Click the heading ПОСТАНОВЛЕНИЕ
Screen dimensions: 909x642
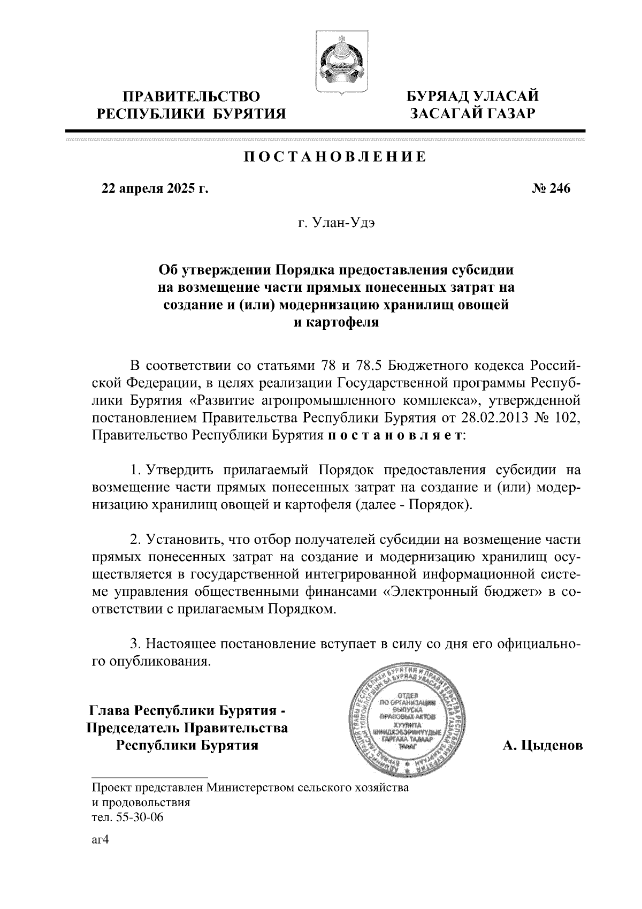(x=335, y=157)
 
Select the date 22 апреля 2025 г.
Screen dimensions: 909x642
(x=155, y=188)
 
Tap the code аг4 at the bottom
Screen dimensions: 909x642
(x=101, y=840)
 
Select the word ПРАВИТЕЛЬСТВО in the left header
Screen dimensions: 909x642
(x=192, y=97)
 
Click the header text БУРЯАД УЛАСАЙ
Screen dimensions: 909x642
(x=473, y=97)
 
